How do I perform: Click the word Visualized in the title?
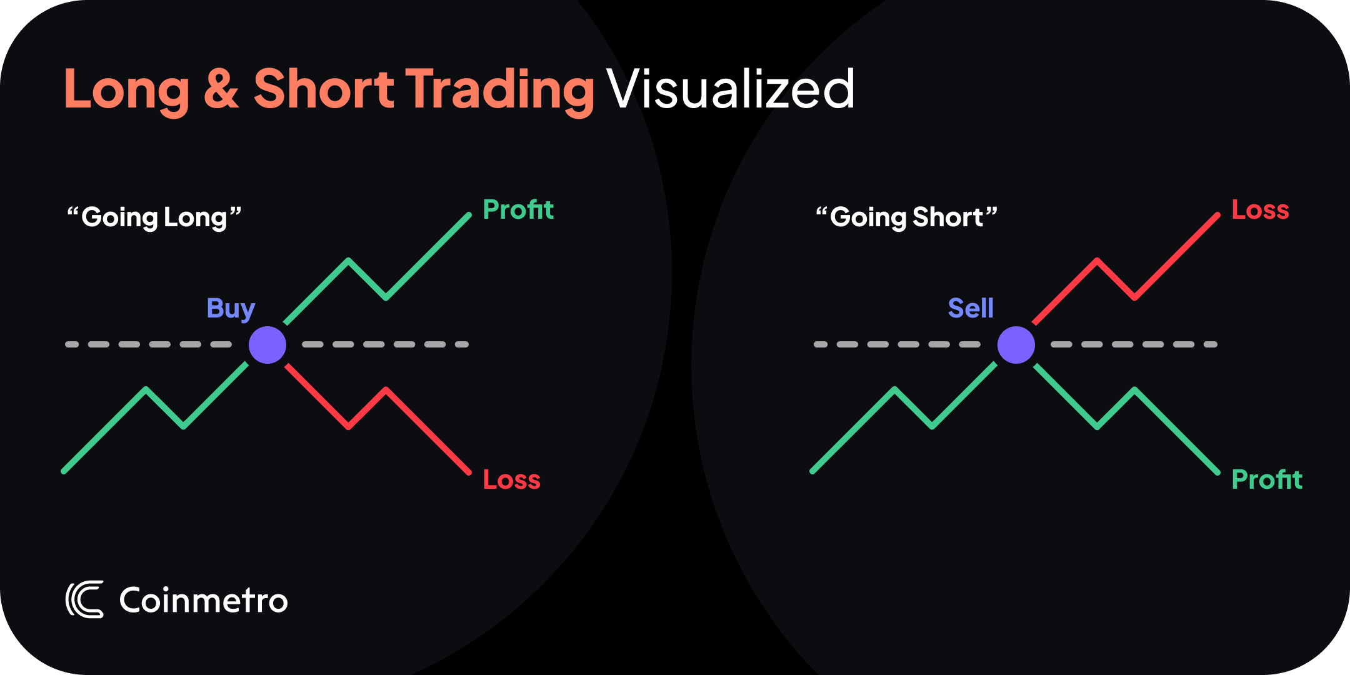pos(730,89)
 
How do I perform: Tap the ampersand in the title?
pos(221,89)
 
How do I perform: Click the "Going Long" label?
pos(154,217)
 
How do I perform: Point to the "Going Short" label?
pos(906,217)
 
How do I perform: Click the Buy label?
pos(231,309)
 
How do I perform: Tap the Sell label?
pos(971,308)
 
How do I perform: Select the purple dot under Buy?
pos(267,345)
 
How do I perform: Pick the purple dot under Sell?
pos(1016,345)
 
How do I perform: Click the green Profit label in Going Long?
pos(518,210)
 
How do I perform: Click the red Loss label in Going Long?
pos(511,480)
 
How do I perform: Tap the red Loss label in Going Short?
pos(1260,210)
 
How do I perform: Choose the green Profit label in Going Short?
pos(1267,480)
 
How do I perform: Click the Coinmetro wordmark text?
pos(203,601)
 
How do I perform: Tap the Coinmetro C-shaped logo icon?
pos(84,600)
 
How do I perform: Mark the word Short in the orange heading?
pos(323,89)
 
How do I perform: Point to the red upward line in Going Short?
pos(1175,256)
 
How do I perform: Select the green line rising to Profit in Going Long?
pos(427,256)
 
